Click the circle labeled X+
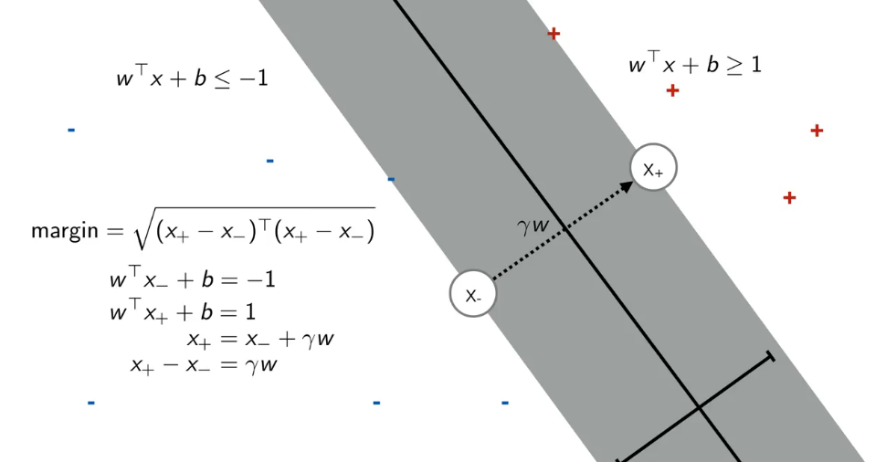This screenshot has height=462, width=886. (653, 168)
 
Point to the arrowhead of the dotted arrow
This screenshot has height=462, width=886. (628, 185)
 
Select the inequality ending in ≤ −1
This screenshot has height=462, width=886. (192, 79)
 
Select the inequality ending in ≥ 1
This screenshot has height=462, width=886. (694, 65)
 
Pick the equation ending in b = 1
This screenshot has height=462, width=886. (183, 311)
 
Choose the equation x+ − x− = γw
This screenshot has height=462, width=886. (203, 365)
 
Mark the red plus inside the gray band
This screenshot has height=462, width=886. (553, 34)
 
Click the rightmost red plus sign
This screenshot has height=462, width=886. (817, 131)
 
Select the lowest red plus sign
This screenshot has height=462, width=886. (789, 197)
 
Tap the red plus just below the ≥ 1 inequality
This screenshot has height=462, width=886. (672, 90)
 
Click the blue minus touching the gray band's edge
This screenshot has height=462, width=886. (391, 179)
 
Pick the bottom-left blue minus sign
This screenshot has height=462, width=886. (90, 402)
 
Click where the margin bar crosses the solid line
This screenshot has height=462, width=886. (699, 407)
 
